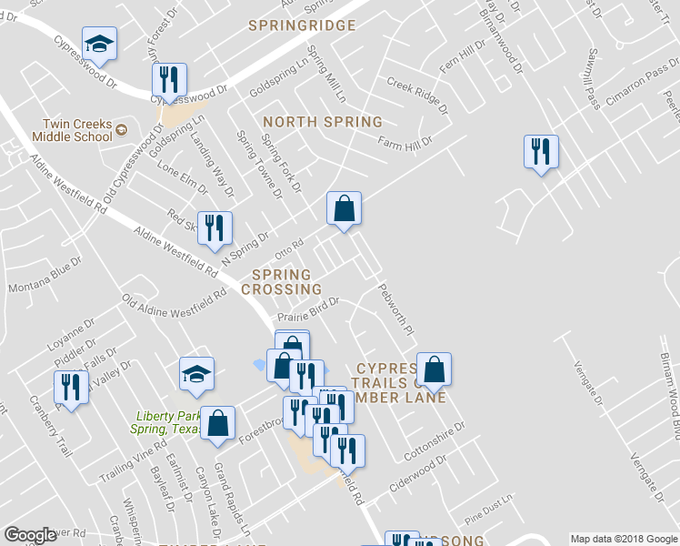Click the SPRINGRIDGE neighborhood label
[x=302, y=25]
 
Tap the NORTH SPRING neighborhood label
[x=323, y=122]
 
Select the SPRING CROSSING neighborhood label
[x=281, y=282]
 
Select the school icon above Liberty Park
[x=196, y=374]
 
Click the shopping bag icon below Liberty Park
[x=217, y=422]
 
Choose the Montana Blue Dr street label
[x=45, y=279]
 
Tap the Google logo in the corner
[x=30, y=535]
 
